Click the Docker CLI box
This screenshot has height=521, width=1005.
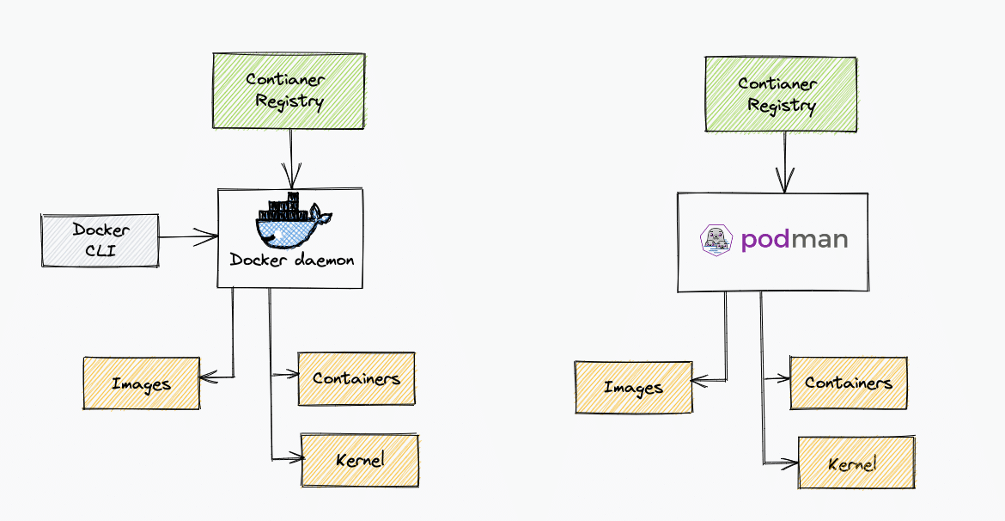(100, 240)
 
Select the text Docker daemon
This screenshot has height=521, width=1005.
(291, 260)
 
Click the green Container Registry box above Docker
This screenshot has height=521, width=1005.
(289, 91)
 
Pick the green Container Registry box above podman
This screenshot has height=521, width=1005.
(781, 95)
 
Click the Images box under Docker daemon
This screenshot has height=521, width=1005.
(141, 383)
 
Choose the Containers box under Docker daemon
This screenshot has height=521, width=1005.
(356, 378)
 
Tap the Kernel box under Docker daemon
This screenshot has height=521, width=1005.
(360, 460)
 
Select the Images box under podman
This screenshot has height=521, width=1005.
(633, 388)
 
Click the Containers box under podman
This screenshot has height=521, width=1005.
(849, 383)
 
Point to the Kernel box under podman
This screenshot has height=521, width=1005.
(856, 463)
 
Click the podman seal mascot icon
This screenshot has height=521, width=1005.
(716, 240)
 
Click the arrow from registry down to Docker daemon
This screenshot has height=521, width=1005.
(292, 158)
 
